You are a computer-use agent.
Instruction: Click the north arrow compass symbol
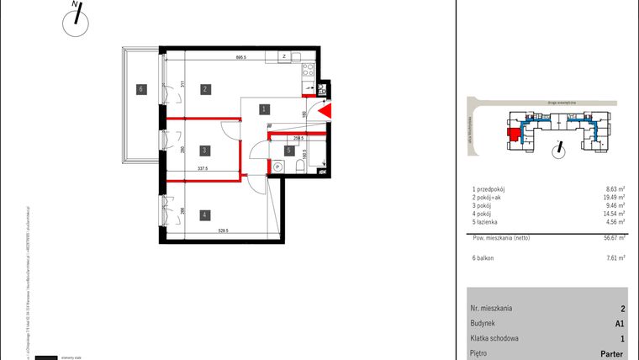pyautogui.click(x=76, y=20)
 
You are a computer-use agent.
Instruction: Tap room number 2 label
pyautogui.click(x=204, y=87)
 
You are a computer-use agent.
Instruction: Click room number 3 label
pyautogui.click(x=204, y=151)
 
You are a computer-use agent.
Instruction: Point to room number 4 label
pyautogui.click(x=204, y=215)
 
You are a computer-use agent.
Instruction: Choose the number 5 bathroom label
pyautogui.click(x=288, y=151)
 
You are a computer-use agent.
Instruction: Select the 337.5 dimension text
pyautogui.click(x=203, y=168)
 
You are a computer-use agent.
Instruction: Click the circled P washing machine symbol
pyautogui.click(x=277, y=167)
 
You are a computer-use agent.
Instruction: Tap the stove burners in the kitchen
pyautogui.click(x=308, y=70)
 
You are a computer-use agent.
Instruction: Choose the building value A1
pyautogui.click(x=621, y=323)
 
